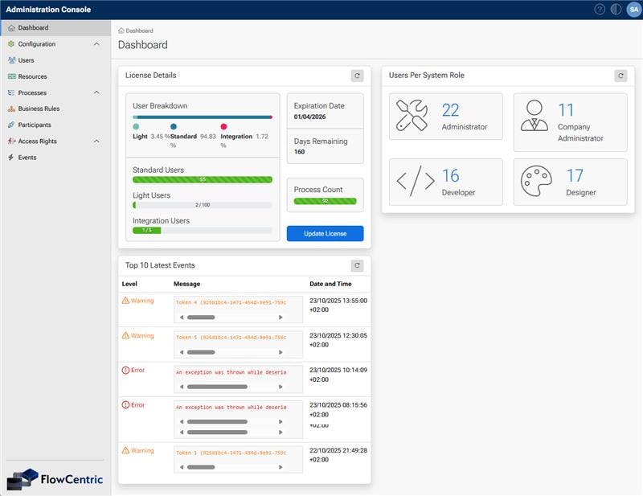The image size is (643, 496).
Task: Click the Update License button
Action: tap(325, 234)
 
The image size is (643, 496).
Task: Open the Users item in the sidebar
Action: tap(26, 60)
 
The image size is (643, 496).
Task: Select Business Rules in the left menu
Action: tap(39, 109)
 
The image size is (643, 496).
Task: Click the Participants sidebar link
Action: tap(35, 125)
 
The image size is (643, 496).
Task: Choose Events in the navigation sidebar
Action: tap(27, 158)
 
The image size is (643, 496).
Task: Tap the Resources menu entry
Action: tap(32, 76)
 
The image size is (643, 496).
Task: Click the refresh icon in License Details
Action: tap(357, 76)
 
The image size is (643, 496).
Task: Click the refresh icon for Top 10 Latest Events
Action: tap(357, 265)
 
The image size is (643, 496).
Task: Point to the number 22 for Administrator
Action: tap(451, 110)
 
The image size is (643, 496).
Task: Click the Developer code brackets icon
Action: tap(416, 181)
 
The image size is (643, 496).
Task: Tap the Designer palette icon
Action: tap(534, 181)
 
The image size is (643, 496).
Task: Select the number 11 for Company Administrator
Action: tap(566, 110)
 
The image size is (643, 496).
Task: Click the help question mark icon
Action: tap(600, 10)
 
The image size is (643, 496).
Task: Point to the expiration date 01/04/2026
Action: tap(309, 117)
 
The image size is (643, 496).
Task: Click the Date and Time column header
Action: tap(330, 284)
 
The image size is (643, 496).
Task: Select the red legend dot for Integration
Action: tap(224, 126)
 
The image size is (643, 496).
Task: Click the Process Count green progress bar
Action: tap(325, 200)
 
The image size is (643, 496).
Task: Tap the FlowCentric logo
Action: tap(55, 478)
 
